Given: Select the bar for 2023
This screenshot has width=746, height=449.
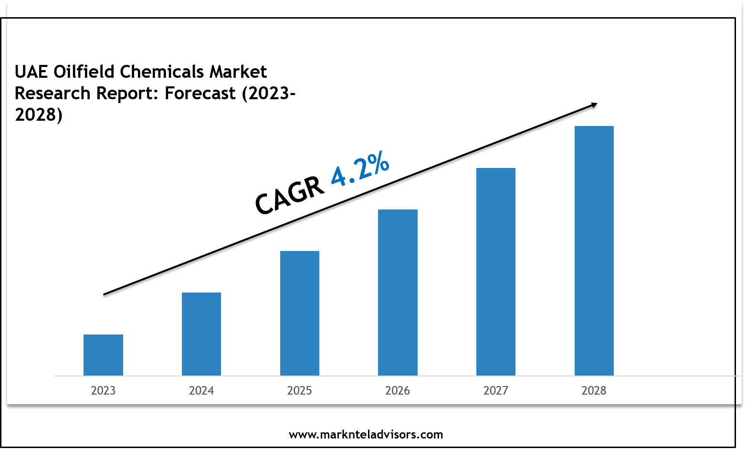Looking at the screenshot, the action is pyautogui.click(x=103, y=355).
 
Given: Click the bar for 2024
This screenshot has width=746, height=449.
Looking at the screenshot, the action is pyautogui.click(x=201, y=334).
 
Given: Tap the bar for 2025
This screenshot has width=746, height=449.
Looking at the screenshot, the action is pyautogui.click(x=300, y=313).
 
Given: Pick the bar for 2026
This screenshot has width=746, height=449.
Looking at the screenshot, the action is pyautogui.click(x=398, y=292).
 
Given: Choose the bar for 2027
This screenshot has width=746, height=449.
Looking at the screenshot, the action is pyautogui.click(x=496, y=271).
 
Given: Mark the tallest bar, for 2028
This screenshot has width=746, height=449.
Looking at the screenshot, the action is pyautogui.click(x=594, y=251).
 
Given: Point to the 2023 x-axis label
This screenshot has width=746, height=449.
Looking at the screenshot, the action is pyautogui.click(x=103, y=390).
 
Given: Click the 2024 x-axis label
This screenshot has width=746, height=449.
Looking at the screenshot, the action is pyautogui.click(x=201, y=390).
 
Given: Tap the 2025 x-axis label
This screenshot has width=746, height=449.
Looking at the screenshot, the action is pyautogui.click(x=300, y=390).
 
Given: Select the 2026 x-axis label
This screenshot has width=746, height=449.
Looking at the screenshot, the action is pyautogui.click(x=398, y=390).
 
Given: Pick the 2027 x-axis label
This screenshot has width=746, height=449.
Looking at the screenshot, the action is pyautogui.click(x=496, y=390).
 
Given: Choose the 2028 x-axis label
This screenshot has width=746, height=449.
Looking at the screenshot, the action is pyautogui.click(x=594, y=390).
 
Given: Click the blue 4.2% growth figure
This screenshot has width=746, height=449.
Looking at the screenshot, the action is pyautogui.click(x=360, y=168).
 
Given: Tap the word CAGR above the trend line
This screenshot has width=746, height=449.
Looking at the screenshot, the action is pyautogui.click(x=289, y=196).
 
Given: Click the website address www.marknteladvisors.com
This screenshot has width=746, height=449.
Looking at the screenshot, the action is pyautogui.click(x=366, y=435).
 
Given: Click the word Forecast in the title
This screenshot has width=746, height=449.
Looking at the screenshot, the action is pyautogui.click(x=200, y=93).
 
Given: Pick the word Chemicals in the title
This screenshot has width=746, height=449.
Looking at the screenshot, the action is pyautogui.click(x=162, y=72).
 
